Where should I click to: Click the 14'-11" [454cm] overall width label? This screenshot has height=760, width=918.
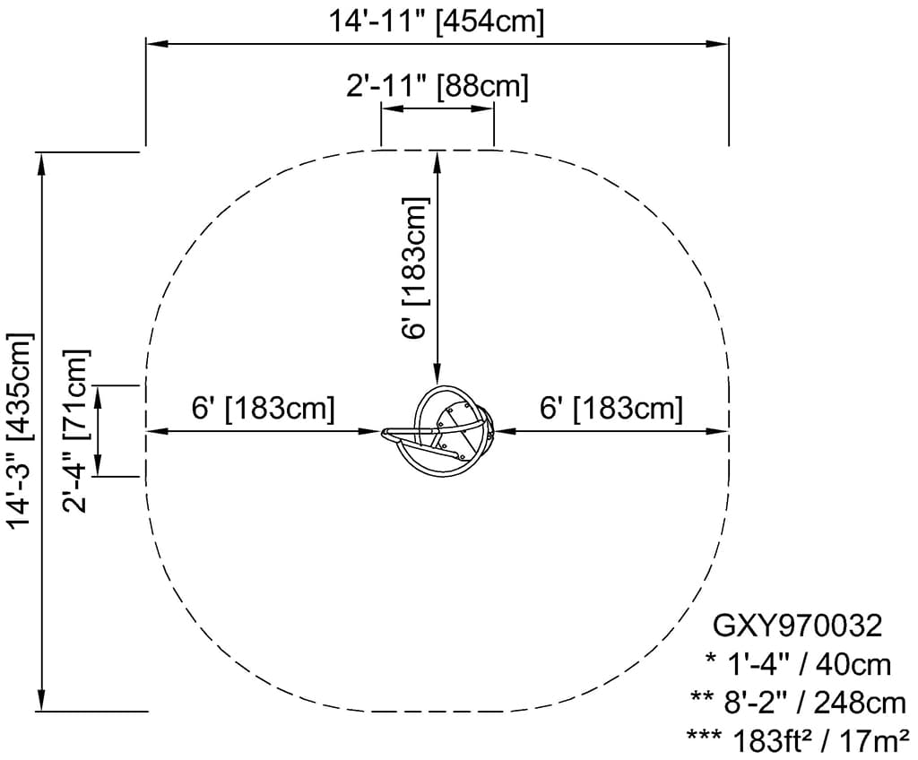(x=437, y=22)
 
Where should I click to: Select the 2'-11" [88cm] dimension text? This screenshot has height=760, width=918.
(x=437, y=86)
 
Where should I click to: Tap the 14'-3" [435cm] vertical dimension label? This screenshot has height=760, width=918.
(x=22, y=431)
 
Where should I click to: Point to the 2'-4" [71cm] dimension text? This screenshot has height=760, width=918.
(x=76, y=431)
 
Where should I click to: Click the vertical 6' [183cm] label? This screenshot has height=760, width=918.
(x=416, y=268)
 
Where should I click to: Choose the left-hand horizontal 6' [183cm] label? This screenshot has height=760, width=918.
(x=264, y=408)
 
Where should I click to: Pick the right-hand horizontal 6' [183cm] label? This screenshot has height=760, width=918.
(x=611, y=408)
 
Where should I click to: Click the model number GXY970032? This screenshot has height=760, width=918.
(x=797, y=626)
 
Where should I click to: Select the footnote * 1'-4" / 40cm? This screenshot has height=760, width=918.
(x=799, y=665)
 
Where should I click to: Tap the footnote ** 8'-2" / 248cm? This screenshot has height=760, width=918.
(x=799, y=703)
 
